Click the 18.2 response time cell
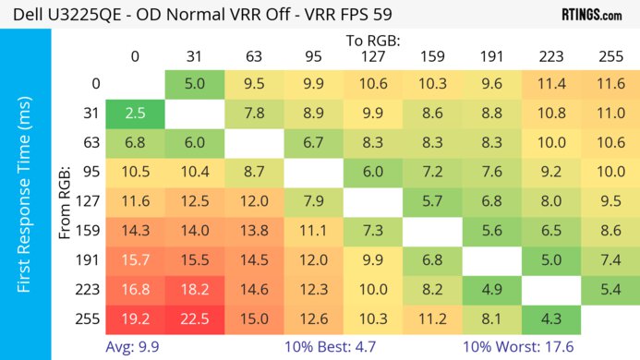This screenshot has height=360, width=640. pyautogui.click(x=194, y=289)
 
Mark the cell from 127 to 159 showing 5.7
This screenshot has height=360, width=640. pyautogui.click(x=432, y=200)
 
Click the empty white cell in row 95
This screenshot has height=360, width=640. pyautogui.click(x=313, y=171)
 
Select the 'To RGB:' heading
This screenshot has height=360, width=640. pyautogui.click(x=372, y=41)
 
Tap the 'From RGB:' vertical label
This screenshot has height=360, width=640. pyautogui.click(x=66, y=200)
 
